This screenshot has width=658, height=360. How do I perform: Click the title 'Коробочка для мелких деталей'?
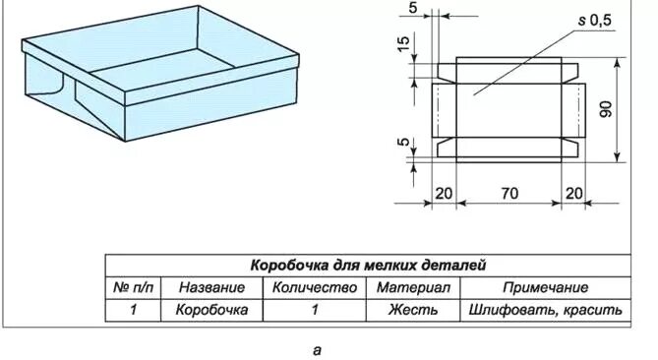(x=368, y=266)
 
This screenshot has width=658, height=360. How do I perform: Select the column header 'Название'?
(x=211, y=288)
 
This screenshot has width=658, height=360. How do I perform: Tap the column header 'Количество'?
(x=314, y=288)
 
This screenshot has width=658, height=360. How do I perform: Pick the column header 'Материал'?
(x=413, y=288)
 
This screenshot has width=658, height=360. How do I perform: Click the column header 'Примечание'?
(x=545, y=288)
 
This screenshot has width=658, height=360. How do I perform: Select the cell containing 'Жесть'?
(x=413, y=310)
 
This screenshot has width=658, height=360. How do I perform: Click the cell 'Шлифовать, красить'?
(x=545, y=310)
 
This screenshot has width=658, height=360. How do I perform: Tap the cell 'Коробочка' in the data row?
(x=211, y=310)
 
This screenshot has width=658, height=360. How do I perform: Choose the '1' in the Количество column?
(x=315, y=310)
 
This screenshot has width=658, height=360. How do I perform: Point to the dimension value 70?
(x=508, y=193)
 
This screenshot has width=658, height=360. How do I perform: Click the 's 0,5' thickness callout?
(x=594, y=20)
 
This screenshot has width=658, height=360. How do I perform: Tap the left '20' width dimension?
(x=445, y=193)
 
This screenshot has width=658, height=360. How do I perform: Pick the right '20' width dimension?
(x=573, y=193)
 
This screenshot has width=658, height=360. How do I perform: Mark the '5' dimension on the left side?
(x=402, y=144)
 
